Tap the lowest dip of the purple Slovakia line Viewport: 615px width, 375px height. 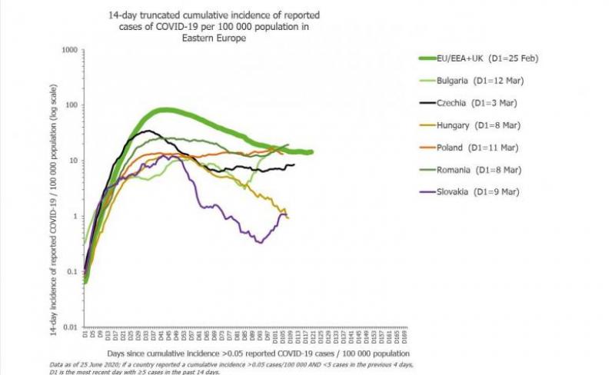click(261, 243)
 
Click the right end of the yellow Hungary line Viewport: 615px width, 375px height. click(288, 217)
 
